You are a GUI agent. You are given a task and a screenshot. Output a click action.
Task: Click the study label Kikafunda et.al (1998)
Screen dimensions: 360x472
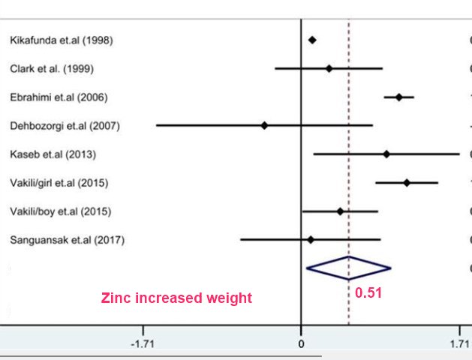(x=61, y=40)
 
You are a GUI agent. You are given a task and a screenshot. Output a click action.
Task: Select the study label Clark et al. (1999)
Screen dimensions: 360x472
(x=52, y=69)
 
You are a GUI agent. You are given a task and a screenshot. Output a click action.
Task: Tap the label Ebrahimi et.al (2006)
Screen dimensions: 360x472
(x=60, y=97)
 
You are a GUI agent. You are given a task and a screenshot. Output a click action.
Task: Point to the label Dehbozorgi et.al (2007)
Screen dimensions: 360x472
(x=65, y=125)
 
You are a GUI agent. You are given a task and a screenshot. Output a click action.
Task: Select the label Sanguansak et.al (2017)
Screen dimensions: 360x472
(x=67, y=240)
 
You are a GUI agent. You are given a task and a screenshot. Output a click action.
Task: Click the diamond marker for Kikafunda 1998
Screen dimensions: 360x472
(x=312, y=40)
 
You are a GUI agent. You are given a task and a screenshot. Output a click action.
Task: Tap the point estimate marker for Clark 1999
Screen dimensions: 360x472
(x=329, y=68)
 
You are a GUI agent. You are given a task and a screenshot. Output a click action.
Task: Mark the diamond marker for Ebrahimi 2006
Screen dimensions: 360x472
(x=399, y=97)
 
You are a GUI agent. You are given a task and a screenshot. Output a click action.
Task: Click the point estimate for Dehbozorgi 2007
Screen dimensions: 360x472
(x=264, y=125)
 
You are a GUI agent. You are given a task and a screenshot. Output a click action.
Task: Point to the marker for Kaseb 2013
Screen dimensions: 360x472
(x=386, y=154)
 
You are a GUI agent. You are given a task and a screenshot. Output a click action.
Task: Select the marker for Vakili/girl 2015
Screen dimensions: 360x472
(x=407, y=182)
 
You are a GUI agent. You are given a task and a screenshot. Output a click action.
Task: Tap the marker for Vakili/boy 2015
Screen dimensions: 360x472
(x=340, y=211)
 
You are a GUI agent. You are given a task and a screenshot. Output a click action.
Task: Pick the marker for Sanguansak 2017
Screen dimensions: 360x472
(x=311, y=240)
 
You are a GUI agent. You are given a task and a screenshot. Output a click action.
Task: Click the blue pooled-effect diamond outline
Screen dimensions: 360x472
(x=348, y=268)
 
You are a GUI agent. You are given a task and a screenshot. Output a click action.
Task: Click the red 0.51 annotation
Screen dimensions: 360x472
(x=368, y=293)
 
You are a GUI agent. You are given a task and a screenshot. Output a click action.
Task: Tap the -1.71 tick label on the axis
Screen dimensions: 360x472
(x=143, y=343)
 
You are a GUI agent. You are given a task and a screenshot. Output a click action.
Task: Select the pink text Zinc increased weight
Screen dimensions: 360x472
(x=176, y=298)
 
